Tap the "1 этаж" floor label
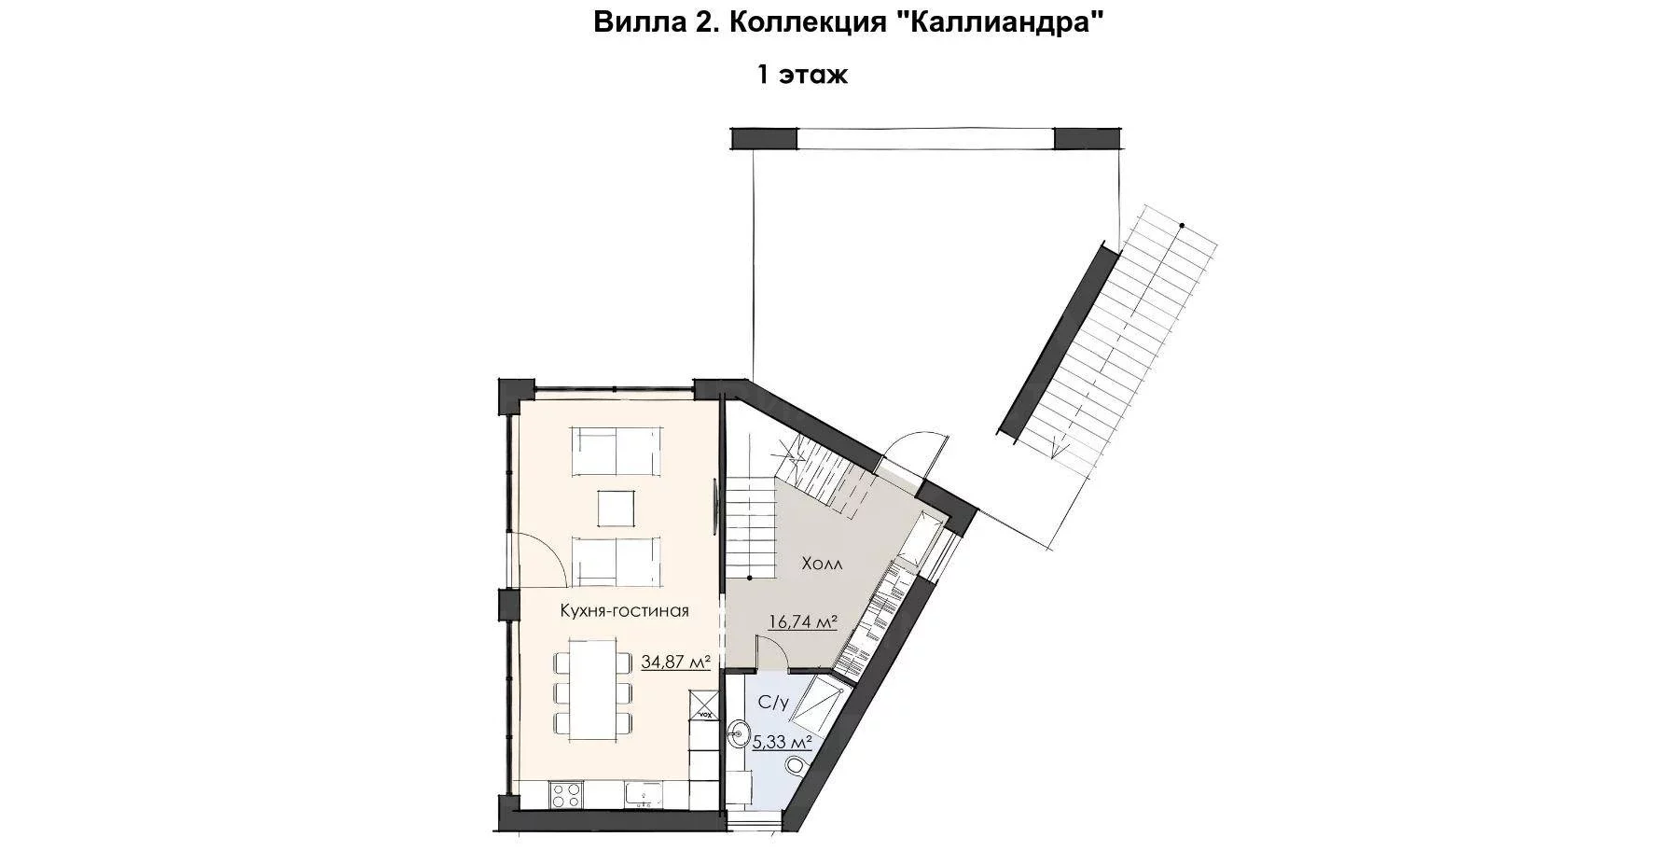tap(802, 75)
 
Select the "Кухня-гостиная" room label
tap(624, 610)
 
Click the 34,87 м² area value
tap(676, 663)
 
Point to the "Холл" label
tap(821, 565)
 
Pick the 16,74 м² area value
tap(802, 622)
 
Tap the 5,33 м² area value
tap(782, 743)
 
